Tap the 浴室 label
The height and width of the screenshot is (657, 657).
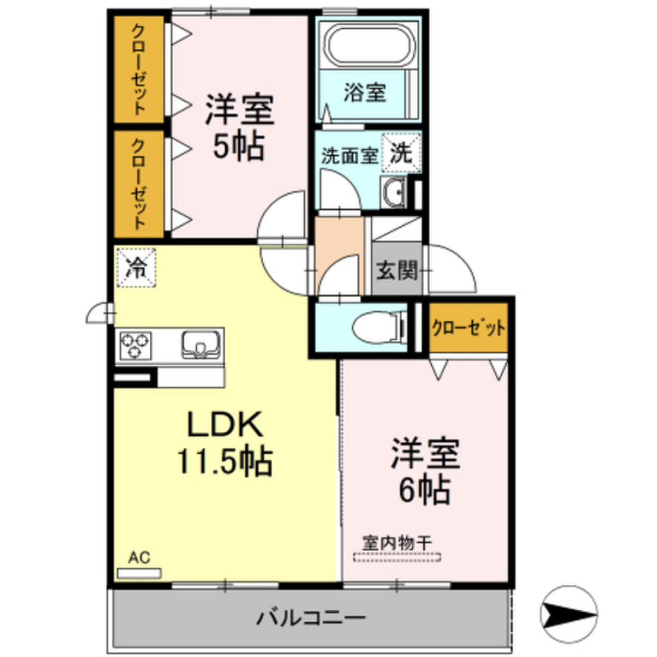point(364,93)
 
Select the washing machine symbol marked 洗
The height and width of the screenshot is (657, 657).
point(400,153)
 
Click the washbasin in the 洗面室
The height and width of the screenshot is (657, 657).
point(393,192)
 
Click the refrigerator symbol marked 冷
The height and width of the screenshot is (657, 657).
point(136,266)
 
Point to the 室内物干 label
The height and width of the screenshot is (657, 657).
point(397,542)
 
